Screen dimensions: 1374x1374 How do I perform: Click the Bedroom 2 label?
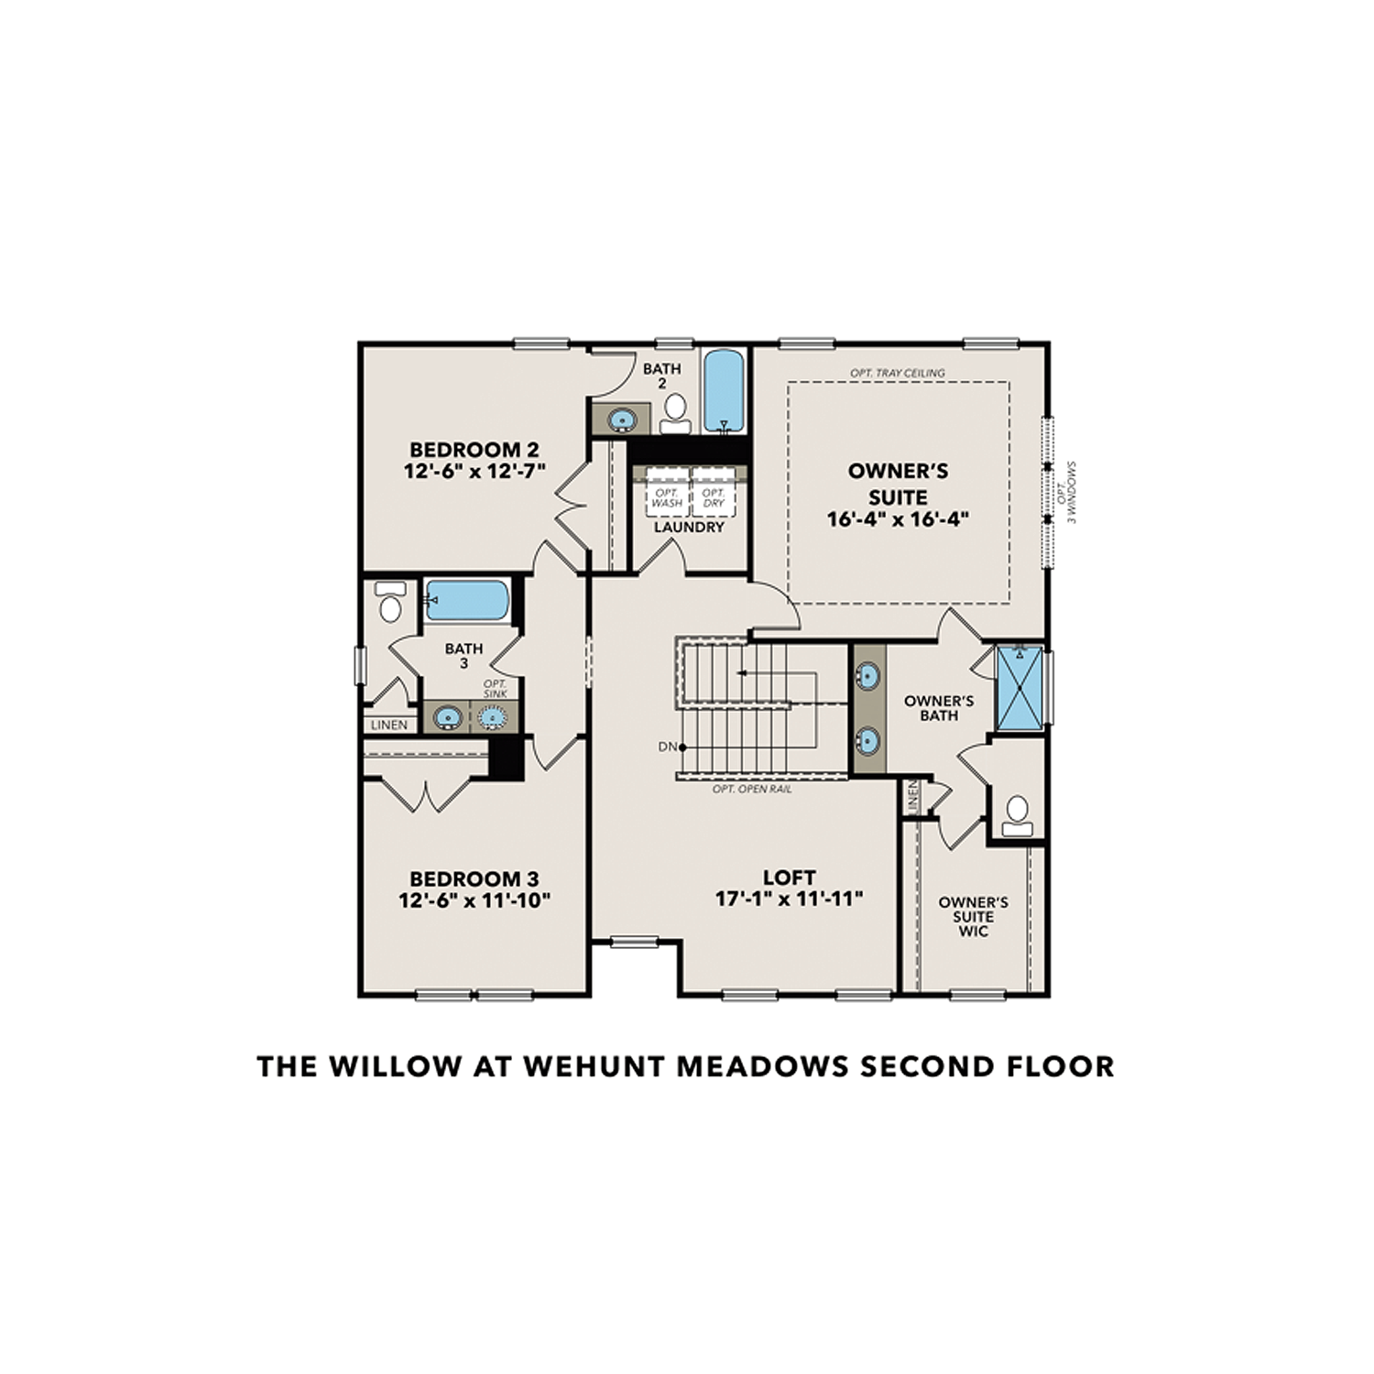[474, 450]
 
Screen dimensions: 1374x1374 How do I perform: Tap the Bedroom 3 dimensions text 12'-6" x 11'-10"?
[474, 900]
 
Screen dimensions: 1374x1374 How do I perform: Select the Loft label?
[789, 878]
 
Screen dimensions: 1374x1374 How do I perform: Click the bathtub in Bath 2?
[724, 391]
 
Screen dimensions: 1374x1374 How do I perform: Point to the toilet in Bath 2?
[676, 412]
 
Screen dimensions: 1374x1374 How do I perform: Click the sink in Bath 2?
[622, 420]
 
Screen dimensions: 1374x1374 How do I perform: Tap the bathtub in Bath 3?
[467, 600]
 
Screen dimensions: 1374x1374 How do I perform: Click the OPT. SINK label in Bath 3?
[495, 689]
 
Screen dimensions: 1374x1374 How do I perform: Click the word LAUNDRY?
[689, 528]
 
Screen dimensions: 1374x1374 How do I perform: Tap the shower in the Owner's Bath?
[1019, 688]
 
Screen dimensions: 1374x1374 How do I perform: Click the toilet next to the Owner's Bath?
[1017, 814]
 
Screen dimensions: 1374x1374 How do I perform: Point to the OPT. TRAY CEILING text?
[897, 373]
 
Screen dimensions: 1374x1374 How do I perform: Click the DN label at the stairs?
[668, 747]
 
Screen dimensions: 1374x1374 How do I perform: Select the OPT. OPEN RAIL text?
[752, 789]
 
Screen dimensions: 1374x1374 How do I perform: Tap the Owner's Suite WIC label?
[973, 916]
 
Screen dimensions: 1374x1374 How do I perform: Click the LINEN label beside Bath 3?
[389, 725]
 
